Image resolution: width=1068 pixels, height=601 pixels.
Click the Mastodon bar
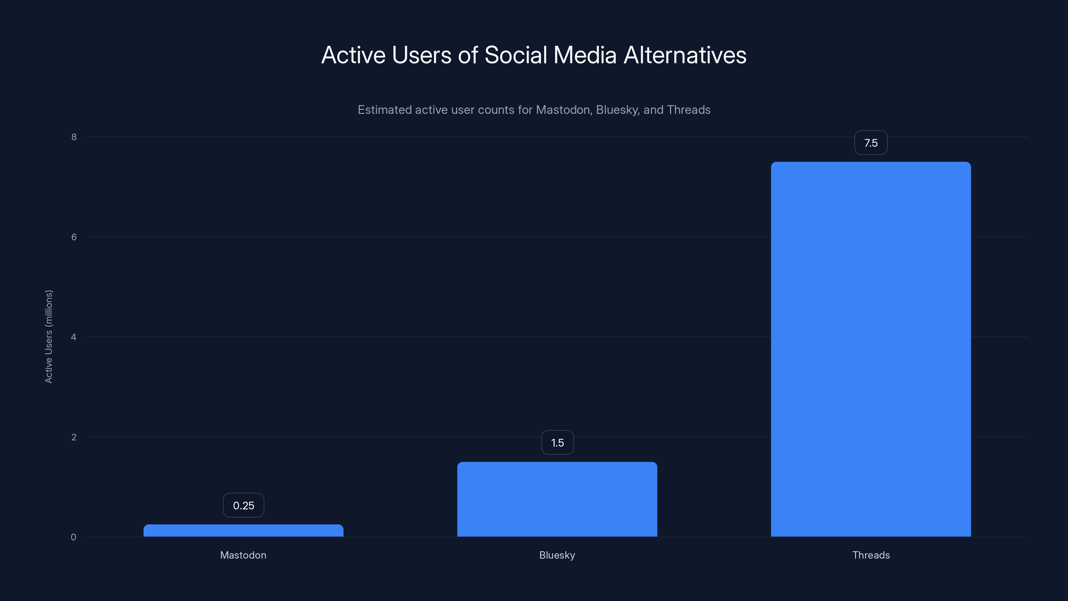(x=243, y=531)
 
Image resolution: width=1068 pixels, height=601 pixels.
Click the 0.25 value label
(x=243, y=505)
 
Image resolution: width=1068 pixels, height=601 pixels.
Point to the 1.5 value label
(x=557, y=442)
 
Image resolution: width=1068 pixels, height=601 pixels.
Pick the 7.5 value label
(x=871, y=143)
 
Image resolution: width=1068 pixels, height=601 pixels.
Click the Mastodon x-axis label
(x=243, y=555)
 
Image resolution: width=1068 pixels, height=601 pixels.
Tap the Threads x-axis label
(x=871, y=555)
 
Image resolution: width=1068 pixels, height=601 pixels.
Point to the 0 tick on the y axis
(x=73, y=537)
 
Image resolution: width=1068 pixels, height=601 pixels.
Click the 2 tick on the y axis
(x=74, y=437)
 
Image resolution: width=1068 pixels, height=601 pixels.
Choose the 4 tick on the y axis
(x=73, y=337)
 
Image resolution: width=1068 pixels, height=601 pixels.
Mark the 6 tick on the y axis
(x=74, y=237)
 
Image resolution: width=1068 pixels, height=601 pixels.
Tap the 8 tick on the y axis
(x=74, y=137)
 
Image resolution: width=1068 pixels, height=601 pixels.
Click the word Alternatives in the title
(x=685, y=55)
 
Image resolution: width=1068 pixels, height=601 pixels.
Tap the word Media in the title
(x=585, y=55)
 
